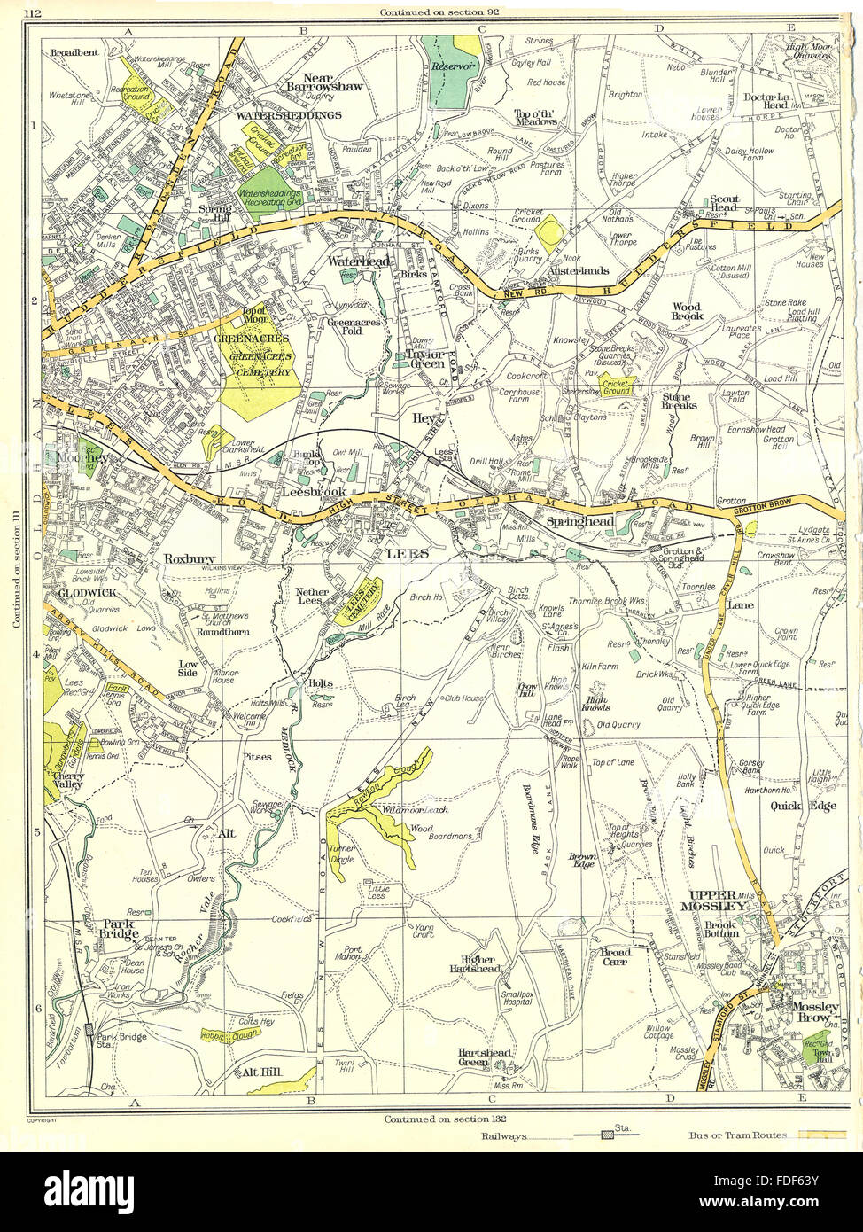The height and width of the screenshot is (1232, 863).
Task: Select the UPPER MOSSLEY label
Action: (716, 900)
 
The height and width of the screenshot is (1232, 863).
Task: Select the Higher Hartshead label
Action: (477, 970)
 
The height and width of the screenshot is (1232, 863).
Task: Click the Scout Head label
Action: (724, 205)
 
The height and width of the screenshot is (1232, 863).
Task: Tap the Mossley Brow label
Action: (814, 1013)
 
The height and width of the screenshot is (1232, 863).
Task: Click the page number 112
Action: (33, 12)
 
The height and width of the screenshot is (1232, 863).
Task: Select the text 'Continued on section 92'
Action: (434, 12)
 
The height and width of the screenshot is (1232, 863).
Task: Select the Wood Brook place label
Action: (687, 312)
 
